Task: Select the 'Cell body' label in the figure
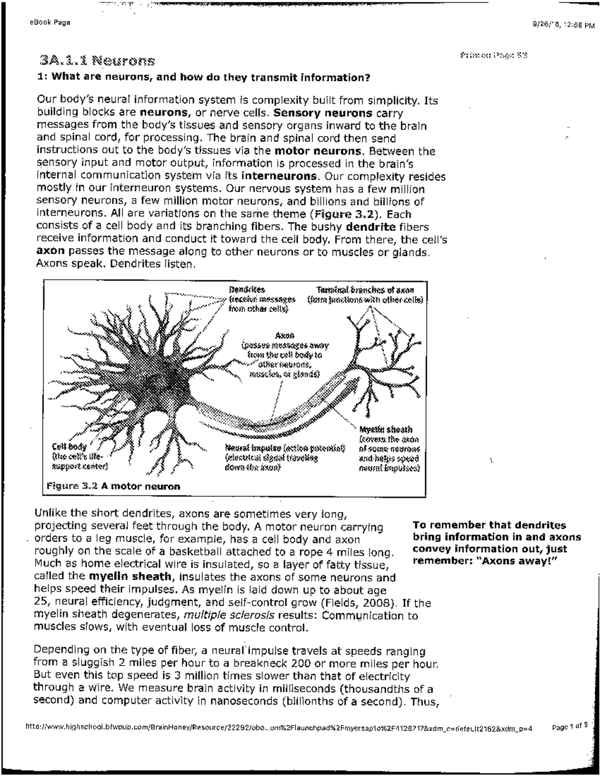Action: point(69,446)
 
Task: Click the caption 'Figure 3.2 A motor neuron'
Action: point(113,486)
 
